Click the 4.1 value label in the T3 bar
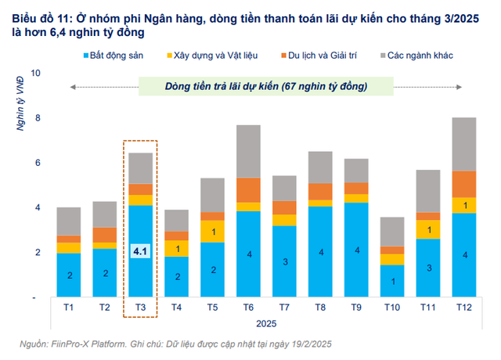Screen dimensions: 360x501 pos(140,252)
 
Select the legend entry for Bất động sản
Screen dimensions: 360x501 pos(118,55)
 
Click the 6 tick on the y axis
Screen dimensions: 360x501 pos(34,163)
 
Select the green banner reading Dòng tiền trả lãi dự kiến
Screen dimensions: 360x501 pos(267,85)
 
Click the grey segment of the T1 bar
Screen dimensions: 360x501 pos(69,221)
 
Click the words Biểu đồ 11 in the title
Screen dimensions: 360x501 pos(29,11)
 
